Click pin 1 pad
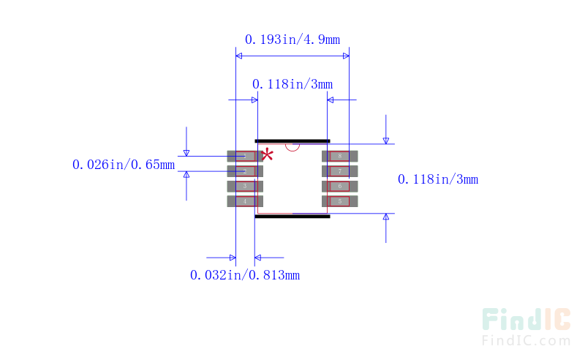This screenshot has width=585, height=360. (x=244, y=156)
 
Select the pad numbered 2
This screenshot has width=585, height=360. (x=244, y=171)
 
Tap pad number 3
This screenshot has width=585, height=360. (x=244, y=186)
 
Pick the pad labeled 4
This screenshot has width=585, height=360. (x=244, y=201)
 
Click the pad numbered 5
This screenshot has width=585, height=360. (x=340, y=201)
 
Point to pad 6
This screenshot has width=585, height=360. (x=340, y=186)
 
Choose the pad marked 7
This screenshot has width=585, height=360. (x=340, y=171)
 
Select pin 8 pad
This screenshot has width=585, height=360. (x=340, y=156)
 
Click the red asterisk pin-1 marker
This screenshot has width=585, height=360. (x=268, y=154)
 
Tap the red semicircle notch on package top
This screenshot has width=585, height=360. (x=292, y=146)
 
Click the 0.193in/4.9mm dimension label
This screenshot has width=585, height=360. (x=292, y=40)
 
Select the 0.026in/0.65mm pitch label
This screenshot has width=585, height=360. (x=123, y=165)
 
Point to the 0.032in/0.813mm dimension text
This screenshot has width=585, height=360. (x=244, y=275)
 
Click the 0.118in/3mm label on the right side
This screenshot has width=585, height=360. (x=437, y=179)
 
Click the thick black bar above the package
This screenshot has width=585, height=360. (x=292, y=140)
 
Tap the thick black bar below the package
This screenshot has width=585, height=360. (x=292, y=216)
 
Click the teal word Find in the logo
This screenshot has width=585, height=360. (x=512, y=319)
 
